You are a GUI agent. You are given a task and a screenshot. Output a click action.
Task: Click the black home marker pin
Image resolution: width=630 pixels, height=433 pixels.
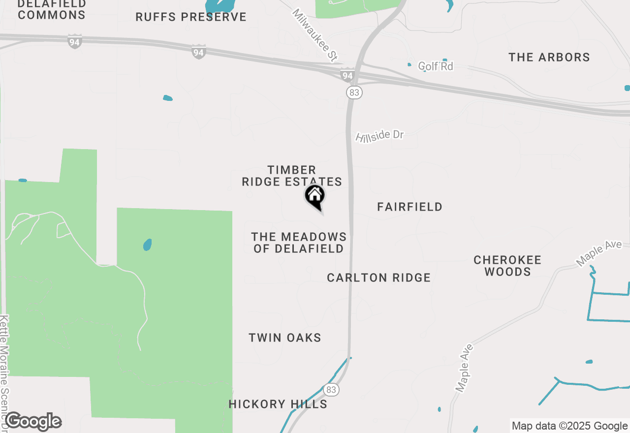pos(315,196)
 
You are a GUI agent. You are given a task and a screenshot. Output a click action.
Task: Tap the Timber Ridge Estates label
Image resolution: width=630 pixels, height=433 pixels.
pos(292,176)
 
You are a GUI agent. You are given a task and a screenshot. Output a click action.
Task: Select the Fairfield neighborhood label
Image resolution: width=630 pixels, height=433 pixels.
pos(409,207)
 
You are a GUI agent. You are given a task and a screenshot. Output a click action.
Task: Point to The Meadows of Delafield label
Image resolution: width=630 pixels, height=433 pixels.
pos(299,243)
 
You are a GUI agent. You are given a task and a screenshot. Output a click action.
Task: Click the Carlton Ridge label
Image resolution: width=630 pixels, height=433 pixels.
pos(378,278)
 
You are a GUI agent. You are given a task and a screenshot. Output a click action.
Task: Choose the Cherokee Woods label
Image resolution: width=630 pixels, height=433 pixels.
pos(507,266)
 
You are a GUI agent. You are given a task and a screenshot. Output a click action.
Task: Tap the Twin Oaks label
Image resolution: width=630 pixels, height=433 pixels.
pos(285,338)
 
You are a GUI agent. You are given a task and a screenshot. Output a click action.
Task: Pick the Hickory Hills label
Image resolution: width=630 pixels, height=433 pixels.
pos(278,404)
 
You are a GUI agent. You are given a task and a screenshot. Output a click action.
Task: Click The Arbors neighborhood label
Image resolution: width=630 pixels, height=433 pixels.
pos(549,58)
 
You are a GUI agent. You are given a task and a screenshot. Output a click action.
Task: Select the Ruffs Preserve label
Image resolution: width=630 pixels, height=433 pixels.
pos(191,17)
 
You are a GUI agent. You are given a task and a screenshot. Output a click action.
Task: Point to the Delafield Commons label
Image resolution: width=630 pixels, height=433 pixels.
pos(52,9)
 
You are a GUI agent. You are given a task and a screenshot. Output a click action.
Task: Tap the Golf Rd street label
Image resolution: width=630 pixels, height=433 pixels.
pos(436,66)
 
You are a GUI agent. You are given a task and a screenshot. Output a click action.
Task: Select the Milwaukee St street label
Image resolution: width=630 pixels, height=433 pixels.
pos(315,35)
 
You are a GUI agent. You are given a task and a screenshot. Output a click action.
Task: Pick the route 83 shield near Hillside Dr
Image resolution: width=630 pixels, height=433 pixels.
pos(354,92)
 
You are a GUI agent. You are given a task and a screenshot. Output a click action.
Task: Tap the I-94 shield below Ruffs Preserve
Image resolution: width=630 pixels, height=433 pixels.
pos(198,51)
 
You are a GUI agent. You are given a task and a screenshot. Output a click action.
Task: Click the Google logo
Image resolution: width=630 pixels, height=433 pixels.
pos(33,422)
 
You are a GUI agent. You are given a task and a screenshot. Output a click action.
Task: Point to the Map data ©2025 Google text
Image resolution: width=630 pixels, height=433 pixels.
pos(569,426)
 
